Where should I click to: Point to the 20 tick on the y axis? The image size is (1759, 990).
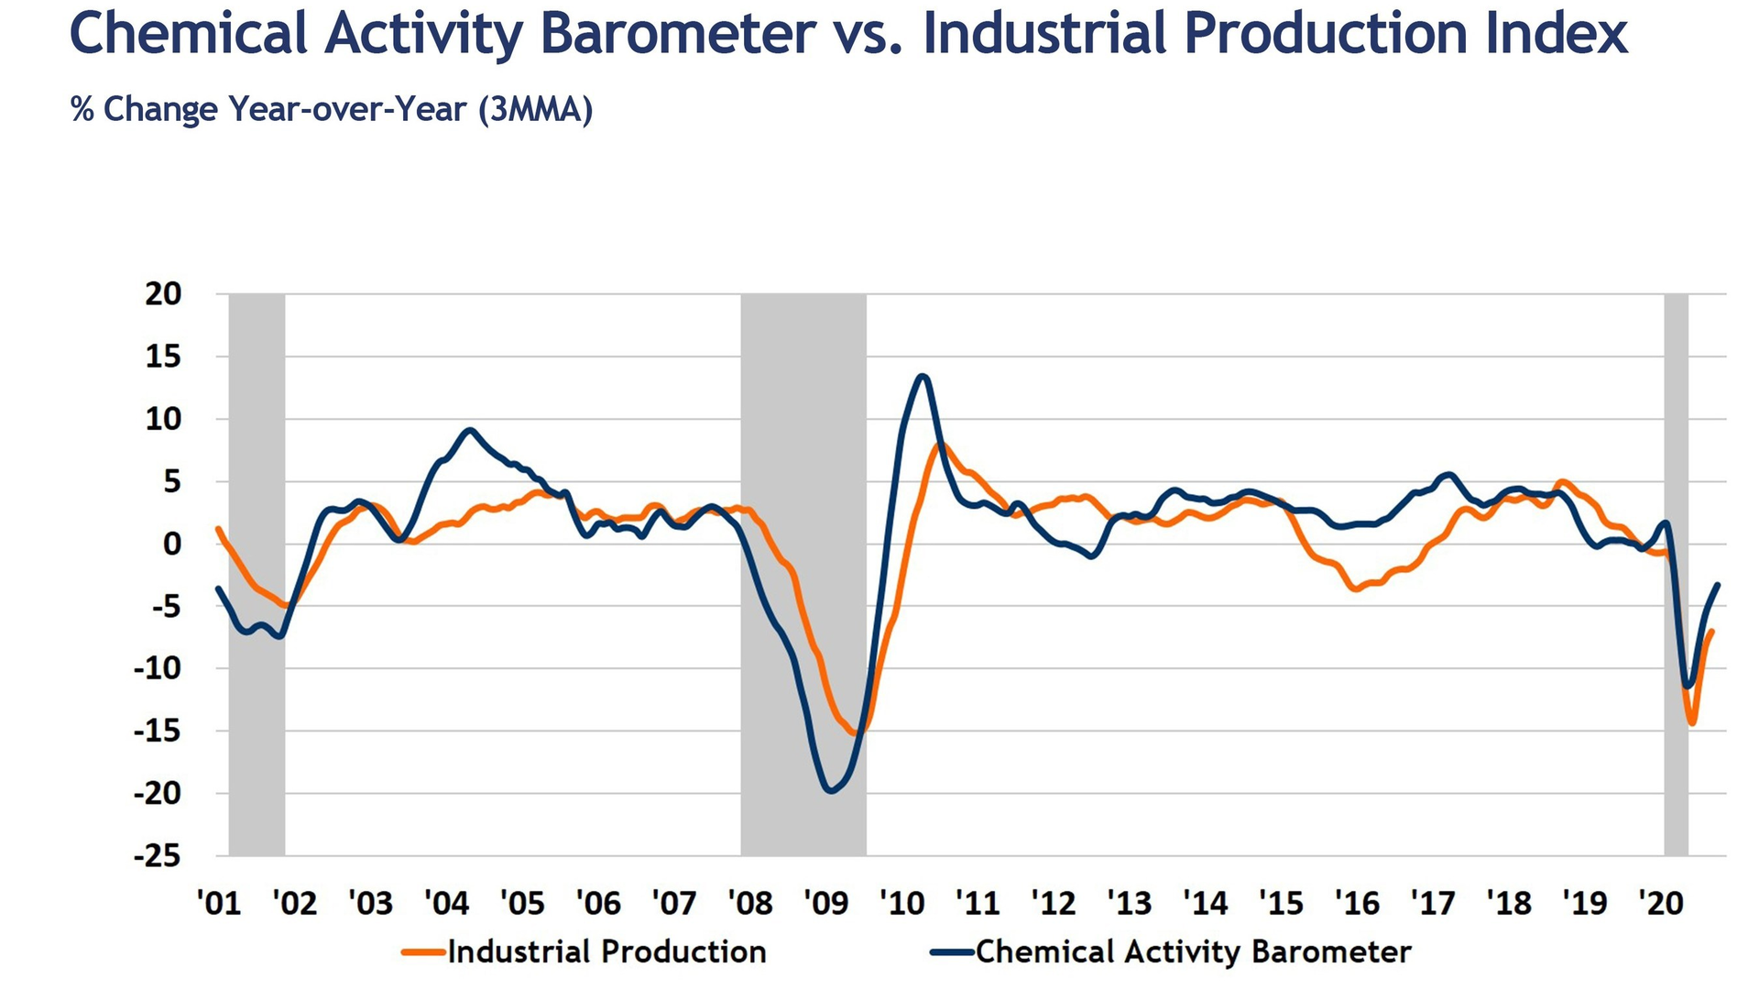click(163, 294)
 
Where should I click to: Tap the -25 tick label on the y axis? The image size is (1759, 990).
click(158, 856)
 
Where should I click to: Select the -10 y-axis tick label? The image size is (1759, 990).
click(158, 668)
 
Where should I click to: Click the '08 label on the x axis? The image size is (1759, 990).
click(749, 903)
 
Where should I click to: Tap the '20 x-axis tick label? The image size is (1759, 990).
click(1661, 903)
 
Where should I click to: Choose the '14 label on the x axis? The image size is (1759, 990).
click(1205, 903)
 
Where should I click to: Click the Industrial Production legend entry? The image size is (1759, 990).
click(606, 951)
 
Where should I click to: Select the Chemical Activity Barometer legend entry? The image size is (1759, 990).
click(1193, 951)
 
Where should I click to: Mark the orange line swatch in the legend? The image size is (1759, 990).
click(423, 952)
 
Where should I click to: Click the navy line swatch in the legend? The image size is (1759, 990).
click(951, 952)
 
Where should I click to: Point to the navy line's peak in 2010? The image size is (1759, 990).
click(923, 376)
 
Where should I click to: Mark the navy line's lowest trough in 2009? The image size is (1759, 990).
click(831, 790)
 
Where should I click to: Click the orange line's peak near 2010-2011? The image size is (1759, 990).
click(941, 445)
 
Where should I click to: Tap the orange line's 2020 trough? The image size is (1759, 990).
click(1692, 723)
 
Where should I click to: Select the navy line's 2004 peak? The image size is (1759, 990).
click(470, 430)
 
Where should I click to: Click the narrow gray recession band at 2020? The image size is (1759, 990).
click(1676, 550)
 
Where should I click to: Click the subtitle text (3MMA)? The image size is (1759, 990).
click(535, 110)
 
